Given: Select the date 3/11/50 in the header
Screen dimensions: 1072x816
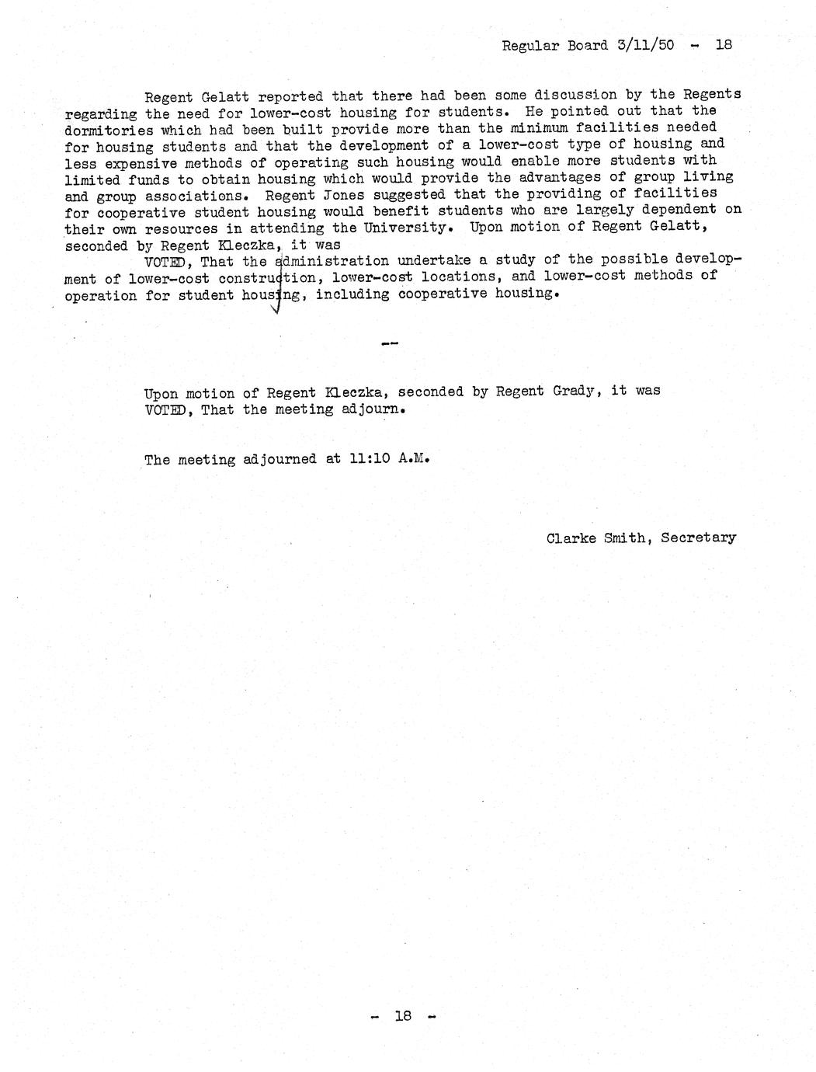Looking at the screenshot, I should coord(643,45).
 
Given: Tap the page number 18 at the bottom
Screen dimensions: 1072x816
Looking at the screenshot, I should coord(402,1015).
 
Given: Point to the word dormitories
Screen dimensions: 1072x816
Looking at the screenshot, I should coord(109,130).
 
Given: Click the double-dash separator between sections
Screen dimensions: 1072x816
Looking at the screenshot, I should coord(391,343).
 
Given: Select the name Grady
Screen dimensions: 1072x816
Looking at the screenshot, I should coord(577,391).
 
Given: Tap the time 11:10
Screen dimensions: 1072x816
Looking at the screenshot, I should coord(370,458).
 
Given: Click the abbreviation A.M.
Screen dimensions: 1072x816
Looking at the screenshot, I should coord(414,458).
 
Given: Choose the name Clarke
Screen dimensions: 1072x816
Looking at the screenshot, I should coord(571,538).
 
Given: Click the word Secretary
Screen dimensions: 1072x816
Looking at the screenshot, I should coord(698,538).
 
